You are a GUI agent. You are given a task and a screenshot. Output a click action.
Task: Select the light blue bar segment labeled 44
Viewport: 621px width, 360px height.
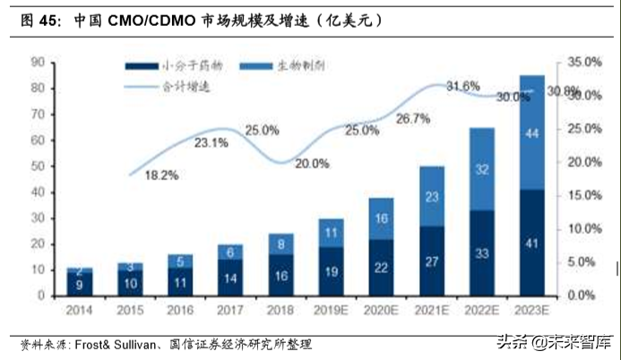531,133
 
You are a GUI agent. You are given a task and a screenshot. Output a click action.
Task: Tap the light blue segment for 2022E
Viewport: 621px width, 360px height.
481,168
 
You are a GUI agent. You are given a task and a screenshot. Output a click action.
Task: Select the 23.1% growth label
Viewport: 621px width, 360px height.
211,142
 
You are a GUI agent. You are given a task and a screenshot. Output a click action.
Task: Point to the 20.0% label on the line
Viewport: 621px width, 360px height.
313,163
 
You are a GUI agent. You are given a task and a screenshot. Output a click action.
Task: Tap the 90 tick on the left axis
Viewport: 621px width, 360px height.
39,62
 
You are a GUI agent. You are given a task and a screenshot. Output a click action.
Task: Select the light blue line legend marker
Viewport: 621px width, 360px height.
140,87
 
